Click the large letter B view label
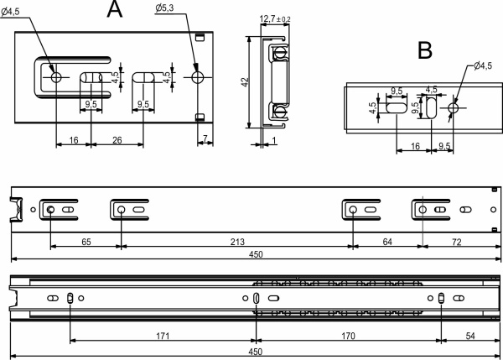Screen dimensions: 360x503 (425, 50)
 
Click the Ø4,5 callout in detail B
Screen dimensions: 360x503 (482, 65)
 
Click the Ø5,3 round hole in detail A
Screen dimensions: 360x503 (198, 77)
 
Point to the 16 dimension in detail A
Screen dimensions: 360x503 (74, 141)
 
